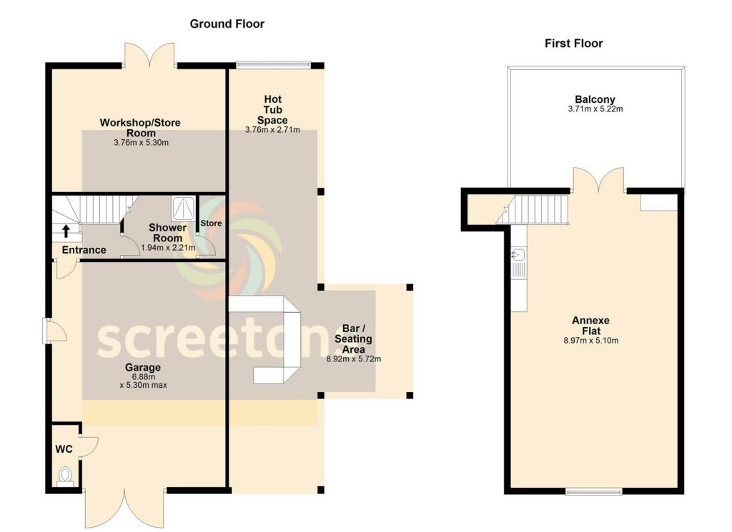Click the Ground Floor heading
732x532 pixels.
[x=227, y=24]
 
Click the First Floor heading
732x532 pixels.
[x=574, y=44]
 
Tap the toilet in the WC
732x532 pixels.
[x=65, y=476]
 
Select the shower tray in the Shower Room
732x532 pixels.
[x=184, y=209]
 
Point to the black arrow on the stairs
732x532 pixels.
[x=66, y=231]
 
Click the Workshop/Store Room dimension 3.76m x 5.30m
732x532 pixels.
[x=141, y=143]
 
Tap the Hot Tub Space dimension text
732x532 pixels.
[x=272, y=130]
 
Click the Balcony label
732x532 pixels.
[x=595, y=99]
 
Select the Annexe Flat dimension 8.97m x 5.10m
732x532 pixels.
[x=591, y=341]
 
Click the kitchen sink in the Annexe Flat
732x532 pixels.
[x=519, y=255]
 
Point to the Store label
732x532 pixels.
[x=211, y=224]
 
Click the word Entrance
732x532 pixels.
[x=84, y=250]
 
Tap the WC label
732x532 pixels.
[x=64, y=449]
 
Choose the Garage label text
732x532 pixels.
[x=143, y=368]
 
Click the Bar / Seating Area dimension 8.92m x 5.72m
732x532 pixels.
[x=353, y=359]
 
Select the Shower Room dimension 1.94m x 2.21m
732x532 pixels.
[x=168, y=248]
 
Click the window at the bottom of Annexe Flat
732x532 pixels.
[x=594, y=491]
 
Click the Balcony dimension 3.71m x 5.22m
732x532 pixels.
[x=595, y=109]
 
